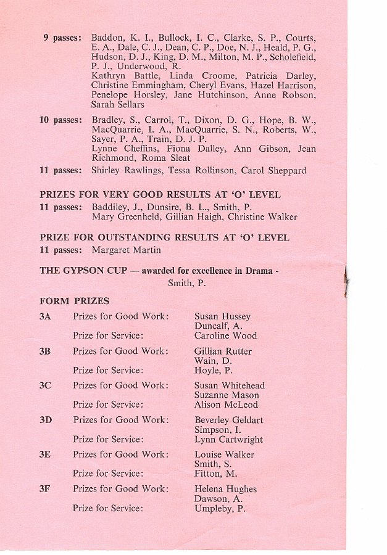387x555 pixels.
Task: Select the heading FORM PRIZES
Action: pos(74,301)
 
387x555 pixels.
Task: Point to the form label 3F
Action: pos(45,489)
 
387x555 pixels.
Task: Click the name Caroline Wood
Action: pos(226,336)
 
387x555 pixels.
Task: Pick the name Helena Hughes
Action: pos(225,489)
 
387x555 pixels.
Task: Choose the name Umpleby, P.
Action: pos(220,509)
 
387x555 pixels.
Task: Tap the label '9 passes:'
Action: pos(62,38)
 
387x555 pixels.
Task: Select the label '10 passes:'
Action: pos(60,119)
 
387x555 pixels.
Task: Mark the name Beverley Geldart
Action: pos(228,420)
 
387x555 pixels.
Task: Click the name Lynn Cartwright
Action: pos(228,440)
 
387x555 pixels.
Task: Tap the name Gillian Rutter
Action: pos(223,351)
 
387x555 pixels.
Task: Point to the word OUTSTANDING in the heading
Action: pos(128,237)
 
